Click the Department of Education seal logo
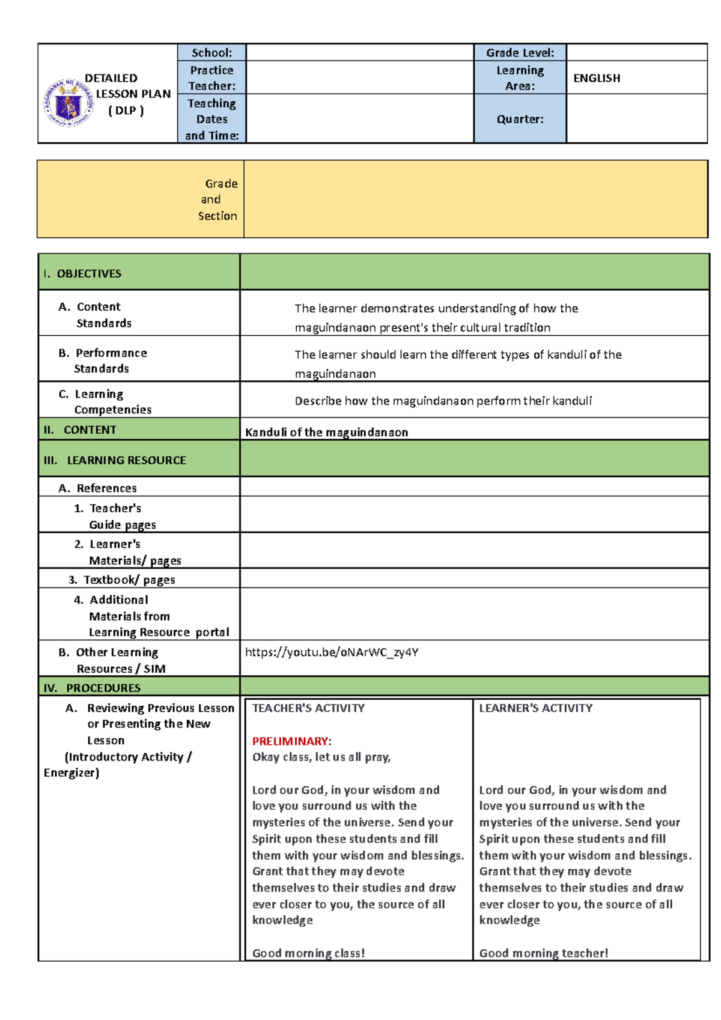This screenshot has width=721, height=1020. pyautogui.click(x=68, y=103)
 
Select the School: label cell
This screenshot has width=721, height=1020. pyautogui.click(x=211, y=53)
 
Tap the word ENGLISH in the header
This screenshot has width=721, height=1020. pyautogui.click(x=597, y=78)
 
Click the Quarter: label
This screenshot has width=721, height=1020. pyautogui.click(x=520, y=119)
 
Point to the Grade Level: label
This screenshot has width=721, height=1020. pyautogui.click(x=520, y=53)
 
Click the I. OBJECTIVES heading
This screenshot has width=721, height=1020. pyautogui.click(x=82, y=274)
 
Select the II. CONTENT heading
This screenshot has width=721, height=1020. pyautogui.click(x=80, y=430)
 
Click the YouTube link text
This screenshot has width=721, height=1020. pyautogui.click(x=332, y=652)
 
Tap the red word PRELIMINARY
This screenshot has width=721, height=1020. pyautogui.click(x=290, y=741)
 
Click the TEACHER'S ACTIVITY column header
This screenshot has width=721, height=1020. pyautogui.click(x=308, y=708)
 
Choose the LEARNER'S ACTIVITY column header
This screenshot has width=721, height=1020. pyautogui.click(x=535, y=708)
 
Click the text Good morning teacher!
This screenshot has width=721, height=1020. pyautogui.click(x=544, y=953)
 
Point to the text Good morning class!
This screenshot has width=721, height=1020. pyautogui.click(x=308, y=953)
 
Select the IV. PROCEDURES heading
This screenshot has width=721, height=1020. pyautogui.click(x=92, y=688)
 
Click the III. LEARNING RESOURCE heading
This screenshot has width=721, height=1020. pyautogui.click(x=115, y=461)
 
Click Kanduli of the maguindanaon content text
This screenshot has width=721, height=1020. pyautogui.click(x=326, y=433)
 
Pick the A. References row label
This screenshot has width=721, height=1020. pyautogui.click(x=98, y=488)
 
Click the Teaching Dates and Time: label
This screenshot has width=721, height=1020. pyautogui.click(x=211, y=120)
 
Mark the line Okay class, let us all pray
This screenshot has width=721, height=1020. pyautogui.click(x=321, y=757)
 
